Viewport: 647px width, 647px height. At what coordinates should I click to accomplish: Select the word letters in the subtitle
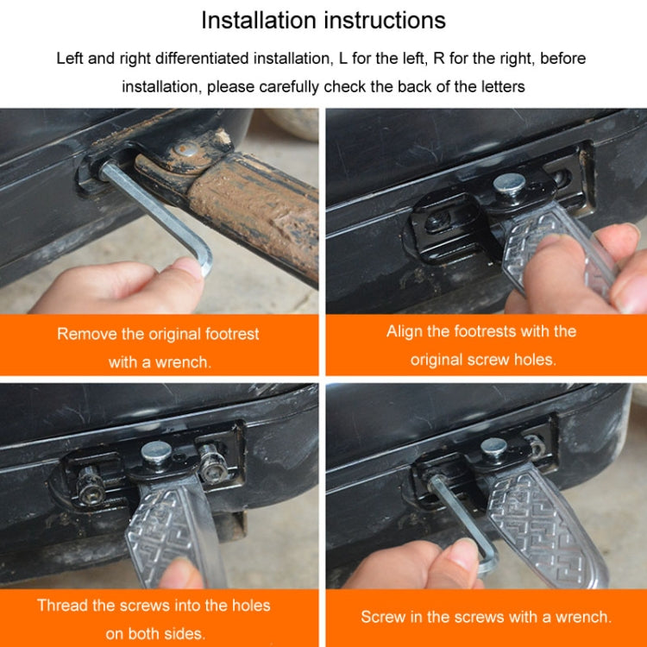pos(494,86)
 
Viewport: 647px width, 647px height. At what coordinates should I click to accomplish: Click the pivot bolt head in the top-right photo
pos(507,183)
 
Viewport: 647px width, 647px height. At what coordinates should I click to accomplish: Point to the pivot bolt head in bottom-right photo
pos(493,447)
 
